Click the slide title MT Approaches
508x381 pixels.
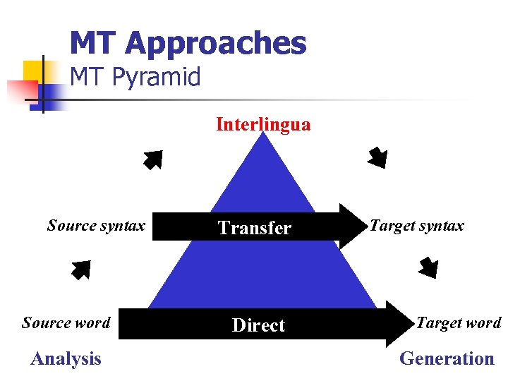click(188, 43)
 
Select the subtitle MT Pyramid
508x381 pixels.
click(135, 77)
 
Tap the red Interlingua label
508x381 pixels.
click(262, 125)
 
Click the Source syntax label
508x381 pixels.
click(96, 226)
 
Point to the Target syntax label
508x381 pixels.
click(417, 226)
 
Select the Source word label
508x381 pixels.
click(66, 323)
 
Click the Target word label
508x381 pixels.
click(459, 323)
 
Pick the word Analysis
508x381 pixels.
click(66, 359)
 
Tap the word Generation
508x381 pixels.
click(447, 359)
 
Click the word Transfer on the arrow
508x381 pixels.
click(255, 228)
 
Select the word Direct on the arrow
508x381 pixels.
click(258, 325)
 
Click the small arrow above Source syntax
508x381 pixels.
click(152, 160)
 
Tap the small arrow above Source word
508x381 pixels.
click(81, 270)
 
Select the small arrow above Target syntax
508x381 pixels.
click(377, 157)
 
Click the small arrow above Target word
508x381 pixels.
click(428, 268)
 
